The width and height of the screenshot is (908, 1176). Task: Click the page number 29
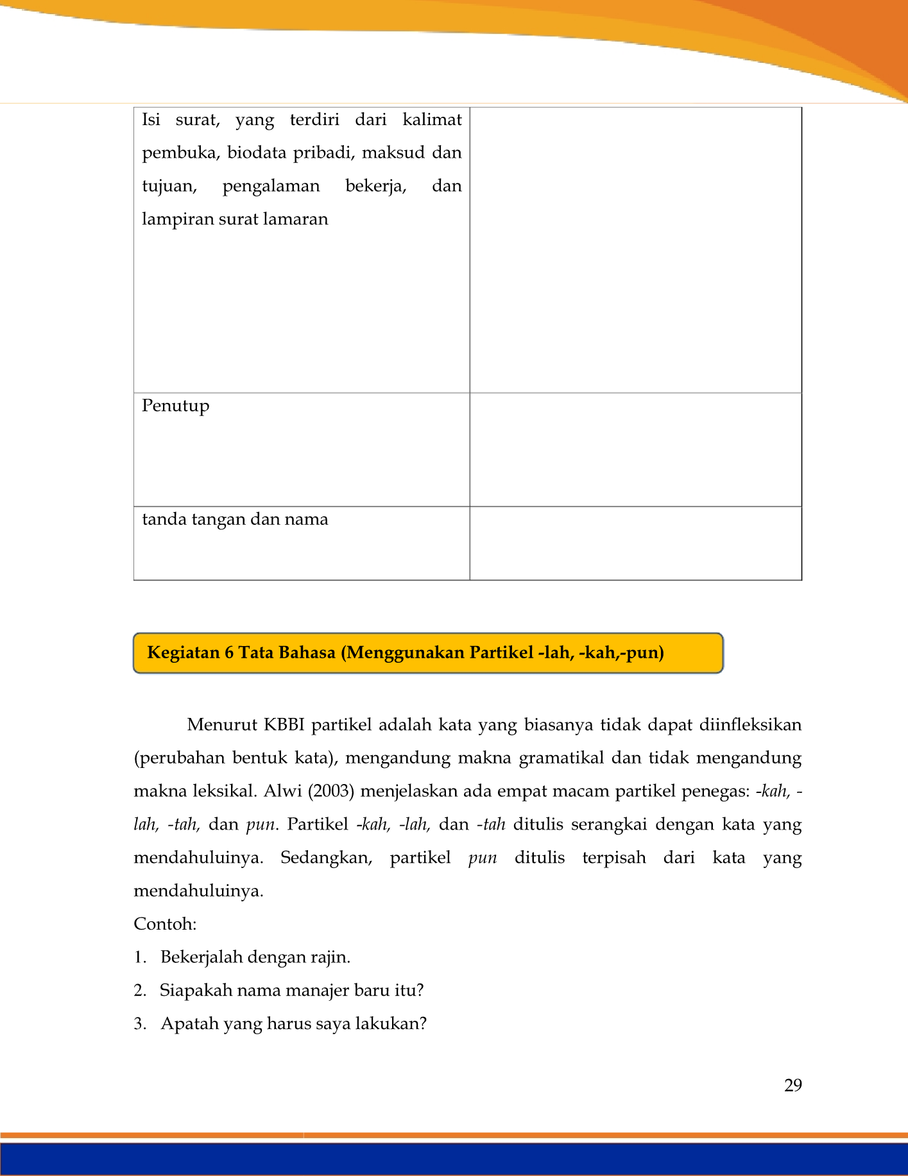click(792, 1085)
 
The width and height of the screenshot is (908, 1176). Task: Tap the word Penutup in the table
click(176, 406)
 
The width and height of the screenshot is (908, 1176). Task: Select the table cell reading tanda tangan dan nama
click(235, 519)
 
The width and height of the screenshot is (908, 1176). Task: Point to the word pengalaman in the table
click(271, 186)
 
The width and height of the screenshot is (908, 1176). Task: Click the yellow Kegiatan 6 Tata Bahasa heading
click(406, 653)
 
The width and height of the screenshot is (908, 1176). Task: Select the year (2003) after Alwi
click(331, 791)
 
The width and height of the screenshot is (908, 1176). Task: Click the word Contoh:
click(165, 924)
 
